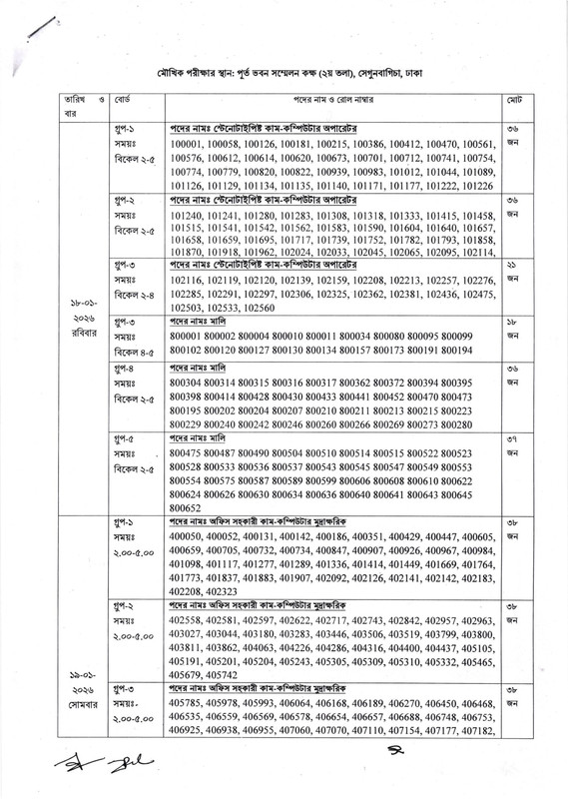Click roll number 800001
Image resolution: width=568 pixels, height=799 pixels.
tap(192, 338)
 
